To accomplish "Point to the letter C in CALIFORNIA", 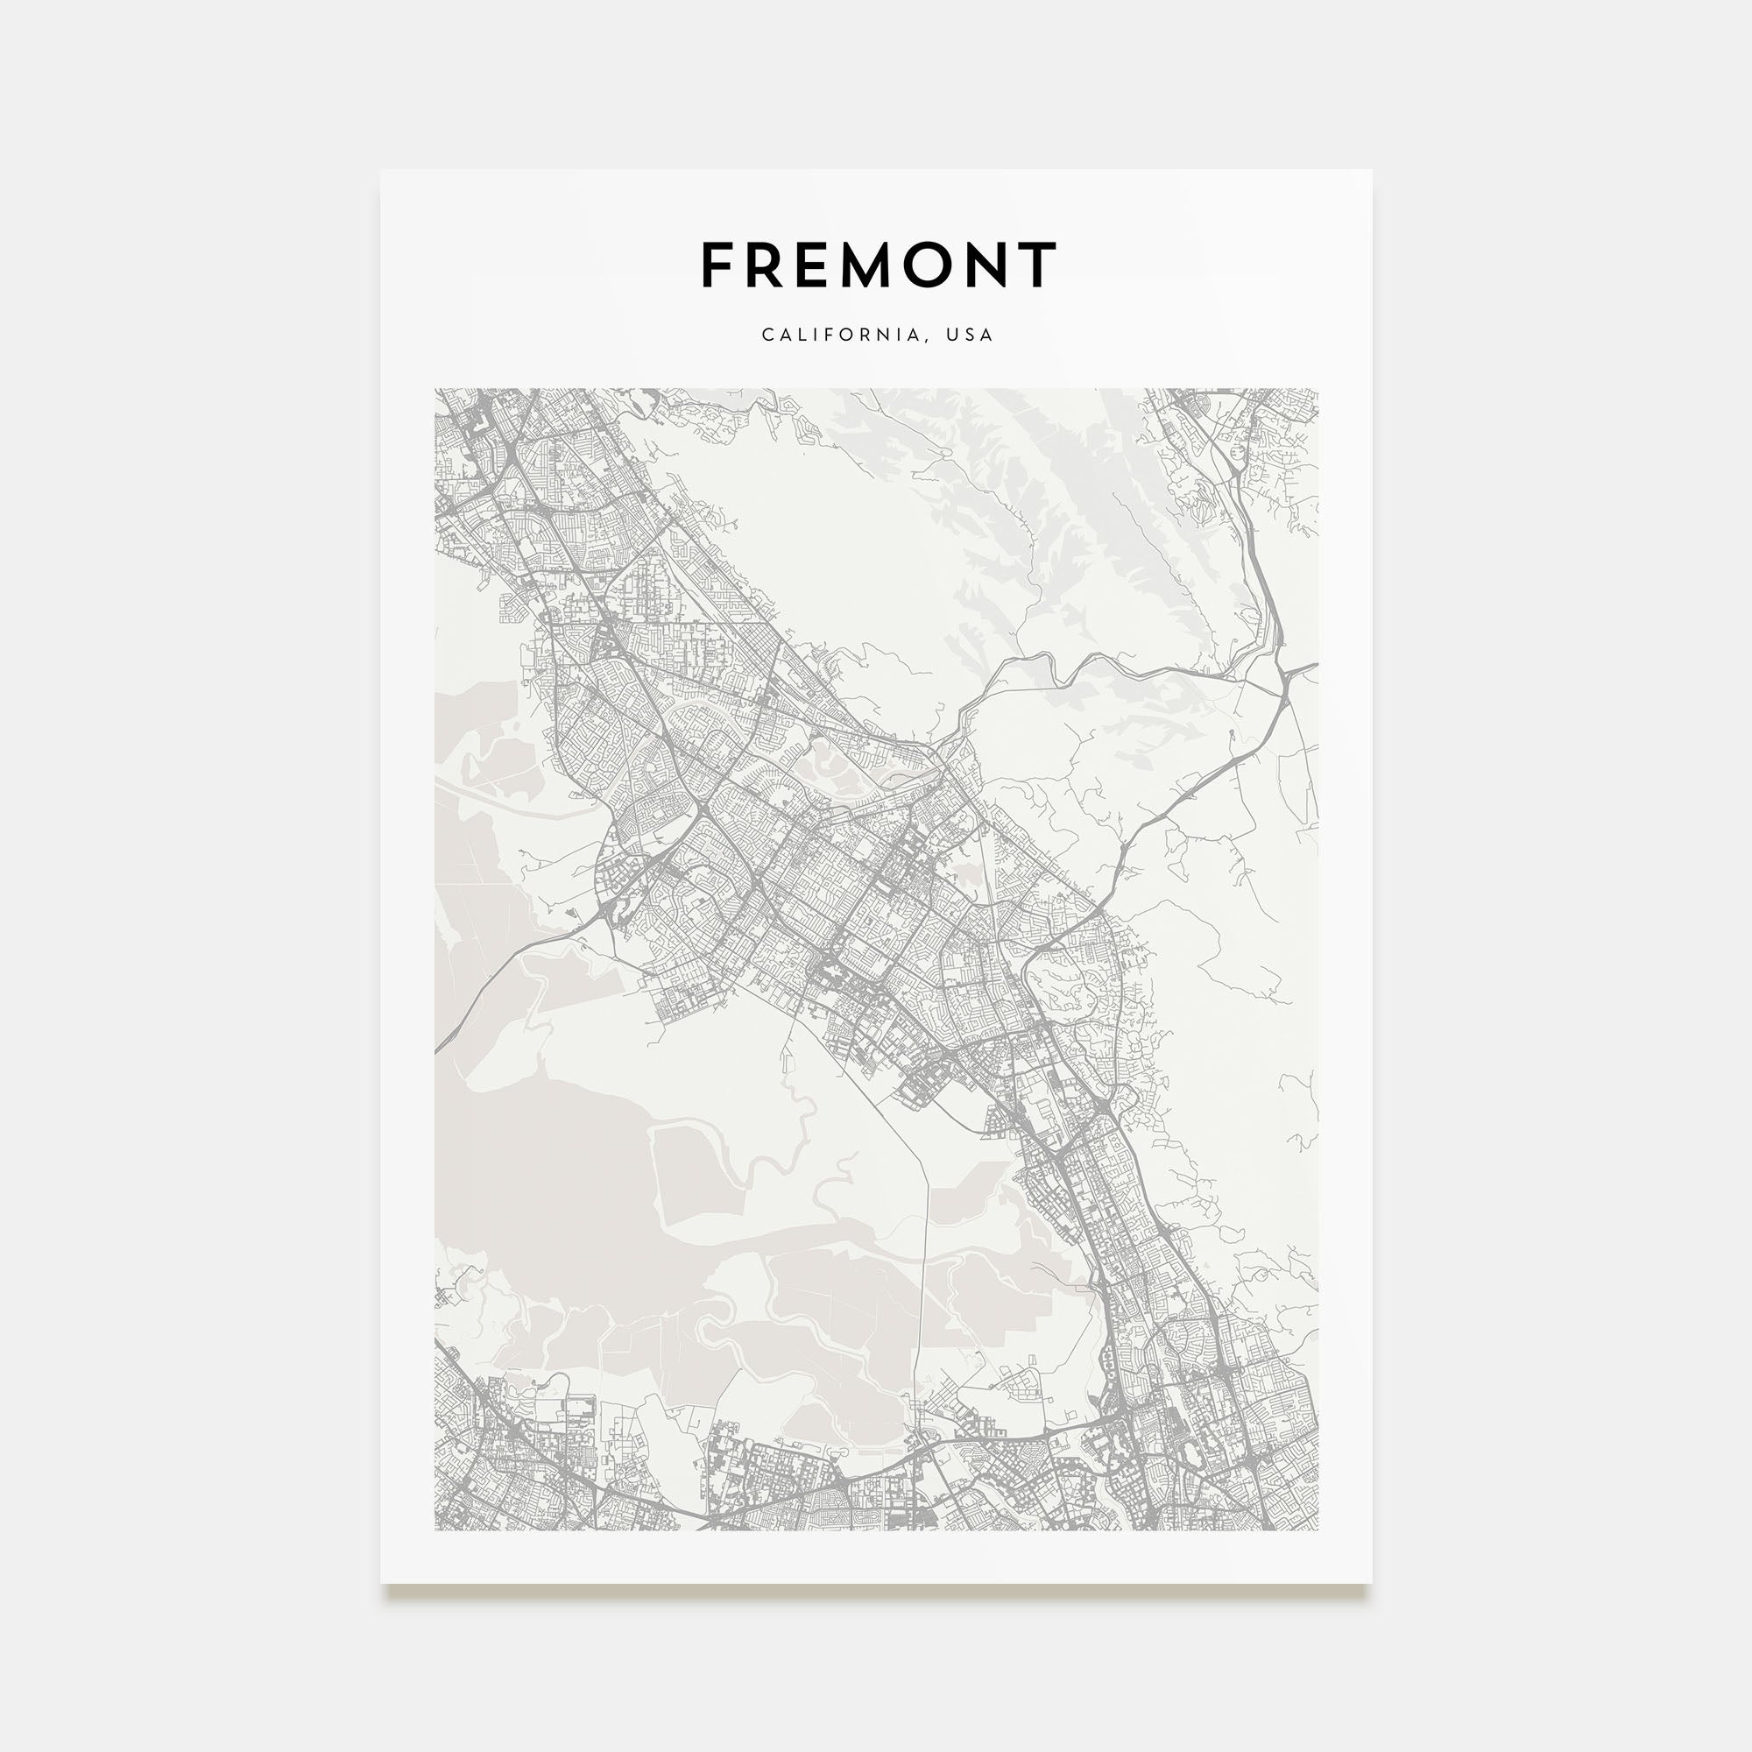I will click(x=767, y=335).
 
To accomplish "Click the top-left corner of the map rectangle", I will click(x=435, y=389).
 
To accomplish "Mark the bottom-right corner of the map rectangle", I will click(x=1318, y=1530).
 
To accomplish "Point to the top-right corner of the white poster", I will click(x=1371, y=171).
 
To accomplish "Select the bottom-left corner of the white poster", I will click(x=381, y=1583).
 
